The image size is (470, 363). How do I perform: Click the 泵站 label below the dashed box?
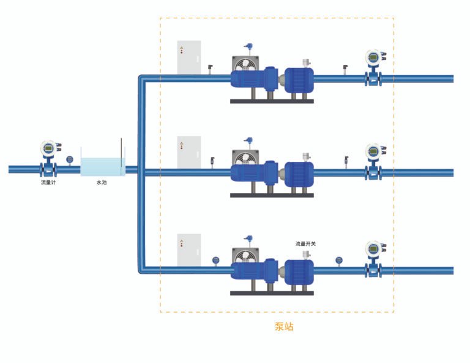[x=284, y=327]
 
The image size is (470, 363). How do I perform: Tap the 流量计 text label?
[x=48, y=182]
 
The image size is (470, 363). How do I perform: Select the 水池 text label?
[x=102, y=182]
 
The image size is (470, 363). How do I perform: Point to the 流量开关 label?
[x=305, y=243]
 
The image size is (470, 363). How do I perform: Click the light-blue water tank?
[x=102, y=166]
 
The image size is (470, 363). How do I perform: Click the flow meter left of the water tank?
[x=49, y=158]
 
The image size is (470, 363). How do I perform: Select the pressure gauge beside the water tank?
[x=70, y=160]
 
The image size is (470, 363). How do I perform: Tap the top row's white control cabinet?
[x=189, y=58]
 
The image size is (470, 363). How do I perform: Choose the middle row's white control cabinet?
[x=189, y=152]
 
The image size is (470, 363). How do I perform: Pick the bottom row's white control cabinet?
[x=189, y=250]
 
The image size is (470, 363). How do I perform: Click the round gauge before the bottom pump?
[x=215, y=260]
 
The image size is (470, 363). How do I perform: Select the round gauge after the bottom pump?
[x=339, y=261]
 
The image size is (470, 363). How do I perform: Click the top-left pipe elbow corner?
[x=142, y=78]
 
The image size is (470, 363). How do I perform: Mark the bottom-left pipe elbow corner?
[x=142, y=270]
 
